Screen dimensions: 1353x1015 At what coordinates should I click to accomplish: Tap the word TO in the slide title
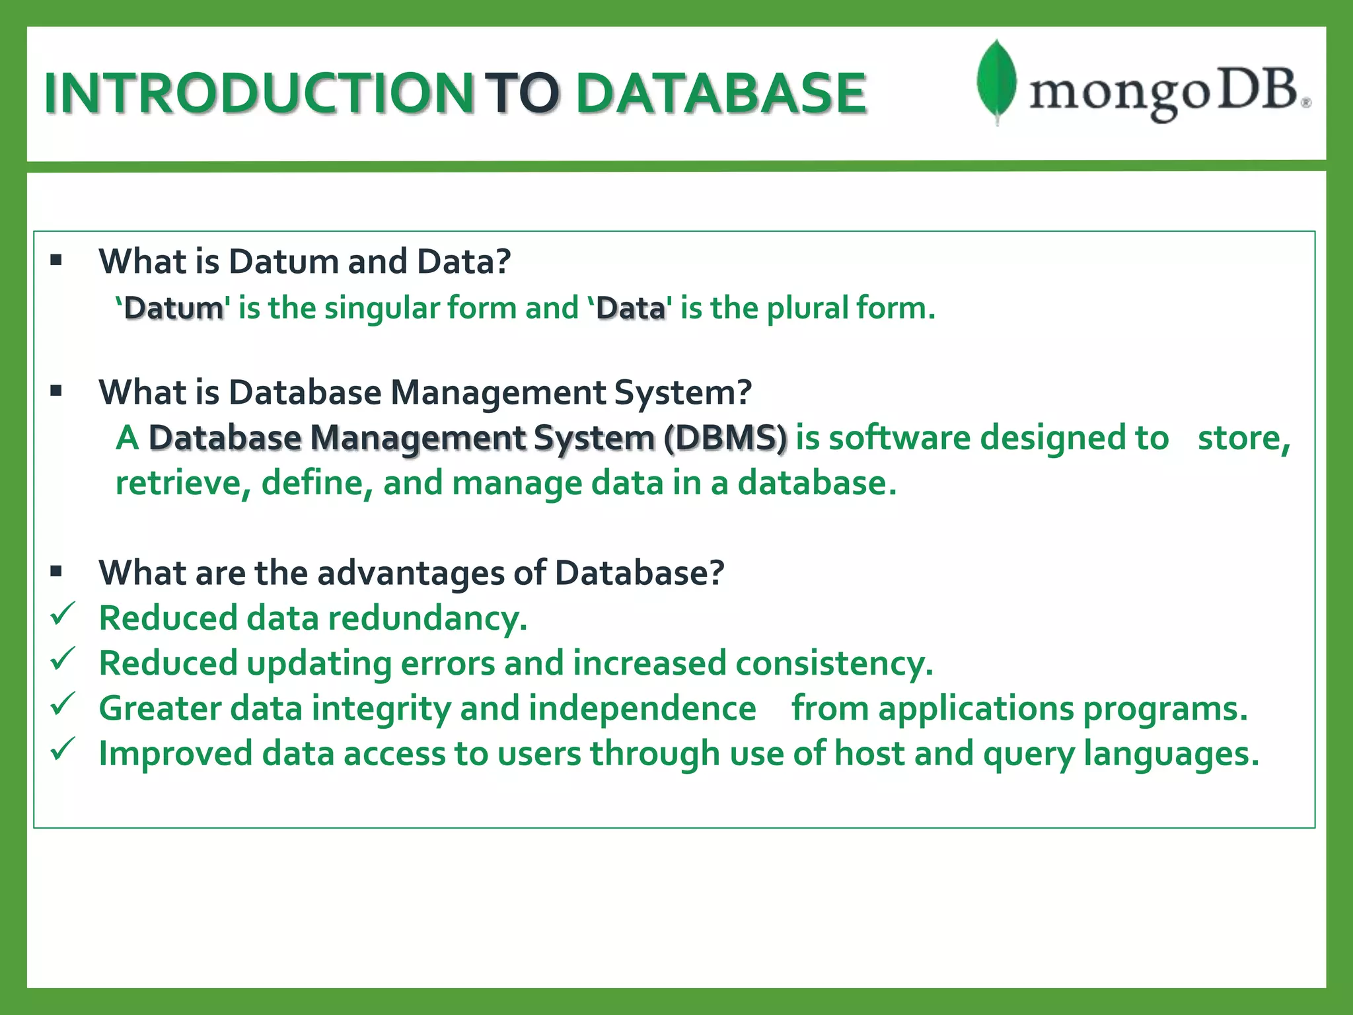522,93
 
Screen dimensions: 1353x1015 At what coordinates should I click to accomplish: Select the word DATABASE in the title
721,93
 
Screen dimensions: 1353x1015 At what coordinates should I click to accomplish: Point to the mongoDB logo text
1166,94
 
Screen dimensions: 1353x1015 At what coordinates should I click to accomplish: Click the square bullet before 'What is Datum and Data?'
56,260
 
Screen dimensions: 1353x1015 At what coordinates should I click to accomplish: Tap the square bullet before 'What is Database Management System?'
56,391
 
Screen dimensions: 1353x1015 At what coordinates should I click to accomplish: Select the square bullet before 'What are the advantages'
56,571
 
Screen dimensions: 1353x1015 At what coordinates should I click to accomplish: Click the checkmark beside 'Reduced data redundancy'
63,615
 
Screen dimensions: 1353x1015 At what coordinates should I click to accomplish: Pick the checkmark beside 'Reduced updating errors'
63,659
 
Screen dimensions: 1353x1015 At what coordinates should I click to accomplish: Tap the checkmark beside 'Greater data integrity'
63,704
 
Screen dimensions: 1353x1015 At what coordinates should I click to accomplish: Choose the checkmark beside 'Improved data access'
63,749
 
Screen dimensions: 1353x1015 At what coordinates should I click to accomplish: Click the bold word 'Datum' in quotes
174,309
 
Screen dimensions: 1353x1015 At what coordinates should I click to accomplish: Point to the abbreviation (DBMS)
725,438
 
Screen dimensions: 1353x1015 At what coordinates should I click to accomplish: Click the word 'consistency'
834,664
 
